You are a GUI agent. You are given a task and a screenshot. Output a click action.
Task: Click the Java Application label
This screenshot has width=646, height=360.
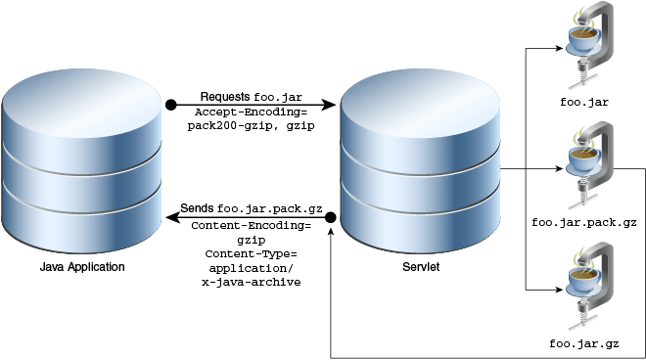[82, 267]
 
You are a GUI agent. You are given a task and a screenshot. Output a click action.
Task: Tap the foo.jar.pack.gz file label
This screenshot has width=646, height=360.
[584, 222]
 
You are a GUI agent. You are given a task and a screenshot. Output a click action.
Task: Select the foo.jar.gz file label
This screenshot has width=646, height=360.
[584, 344]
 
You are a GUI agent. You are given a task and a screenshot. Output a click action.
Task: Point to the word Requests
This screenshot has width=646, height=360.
[225, 97]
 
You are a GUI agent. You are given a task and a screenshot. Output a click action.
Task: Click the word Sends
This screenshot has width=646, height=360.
[197, 209]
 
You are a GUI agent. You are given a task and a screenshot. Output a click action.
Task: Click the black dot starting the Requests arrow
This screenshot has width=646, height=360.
[170, 104]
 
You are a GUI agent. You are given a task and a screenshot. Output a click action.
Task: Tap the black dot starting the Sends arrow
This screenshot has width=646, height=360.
[331, 216]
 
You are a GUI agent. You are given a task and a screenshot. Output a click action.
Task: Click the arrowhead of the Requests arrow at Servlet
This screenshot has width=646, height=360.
[333, 104]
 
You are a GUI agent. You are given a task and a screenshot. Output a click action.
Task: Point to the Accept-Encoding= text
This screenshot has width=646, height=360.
[252, 113]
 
